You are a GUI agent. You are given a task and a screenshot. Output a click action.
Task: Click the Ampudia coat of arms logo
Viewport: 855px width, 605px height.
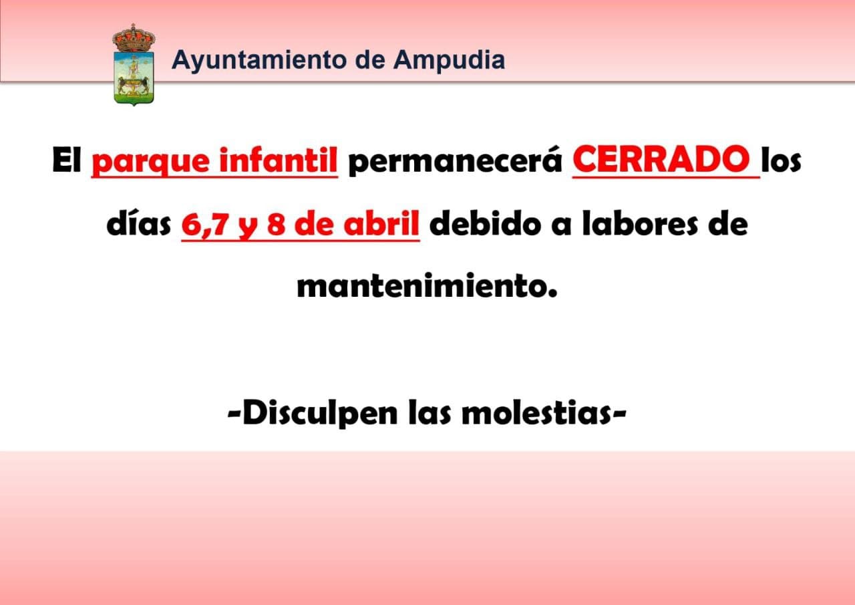(134, 65)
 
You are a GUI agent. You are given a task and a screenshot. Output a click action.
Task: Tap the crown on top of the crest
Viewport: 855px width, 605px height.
(134, 38)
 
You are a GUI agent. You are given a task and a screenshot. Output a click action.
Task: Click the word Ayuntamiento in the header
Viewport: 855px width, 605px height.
(260, 61)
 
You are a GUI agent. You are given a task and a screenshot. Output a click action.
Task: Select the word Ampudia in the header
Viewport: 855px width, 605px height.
(449, 61)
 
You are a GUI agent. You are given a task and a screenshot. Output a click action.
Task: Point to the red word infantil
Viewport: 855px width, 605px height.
(279, 160)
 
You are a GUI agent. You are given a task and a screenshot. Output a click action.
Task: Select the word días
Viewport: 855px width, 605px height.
(139, 223)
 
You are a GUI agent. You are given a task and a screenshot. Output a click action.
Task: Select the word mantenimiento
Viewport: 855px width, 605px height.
(427, 285)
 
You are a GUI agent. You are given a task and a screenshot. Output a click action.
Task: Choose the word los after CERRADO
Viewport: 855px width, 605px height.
(781, 160)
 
